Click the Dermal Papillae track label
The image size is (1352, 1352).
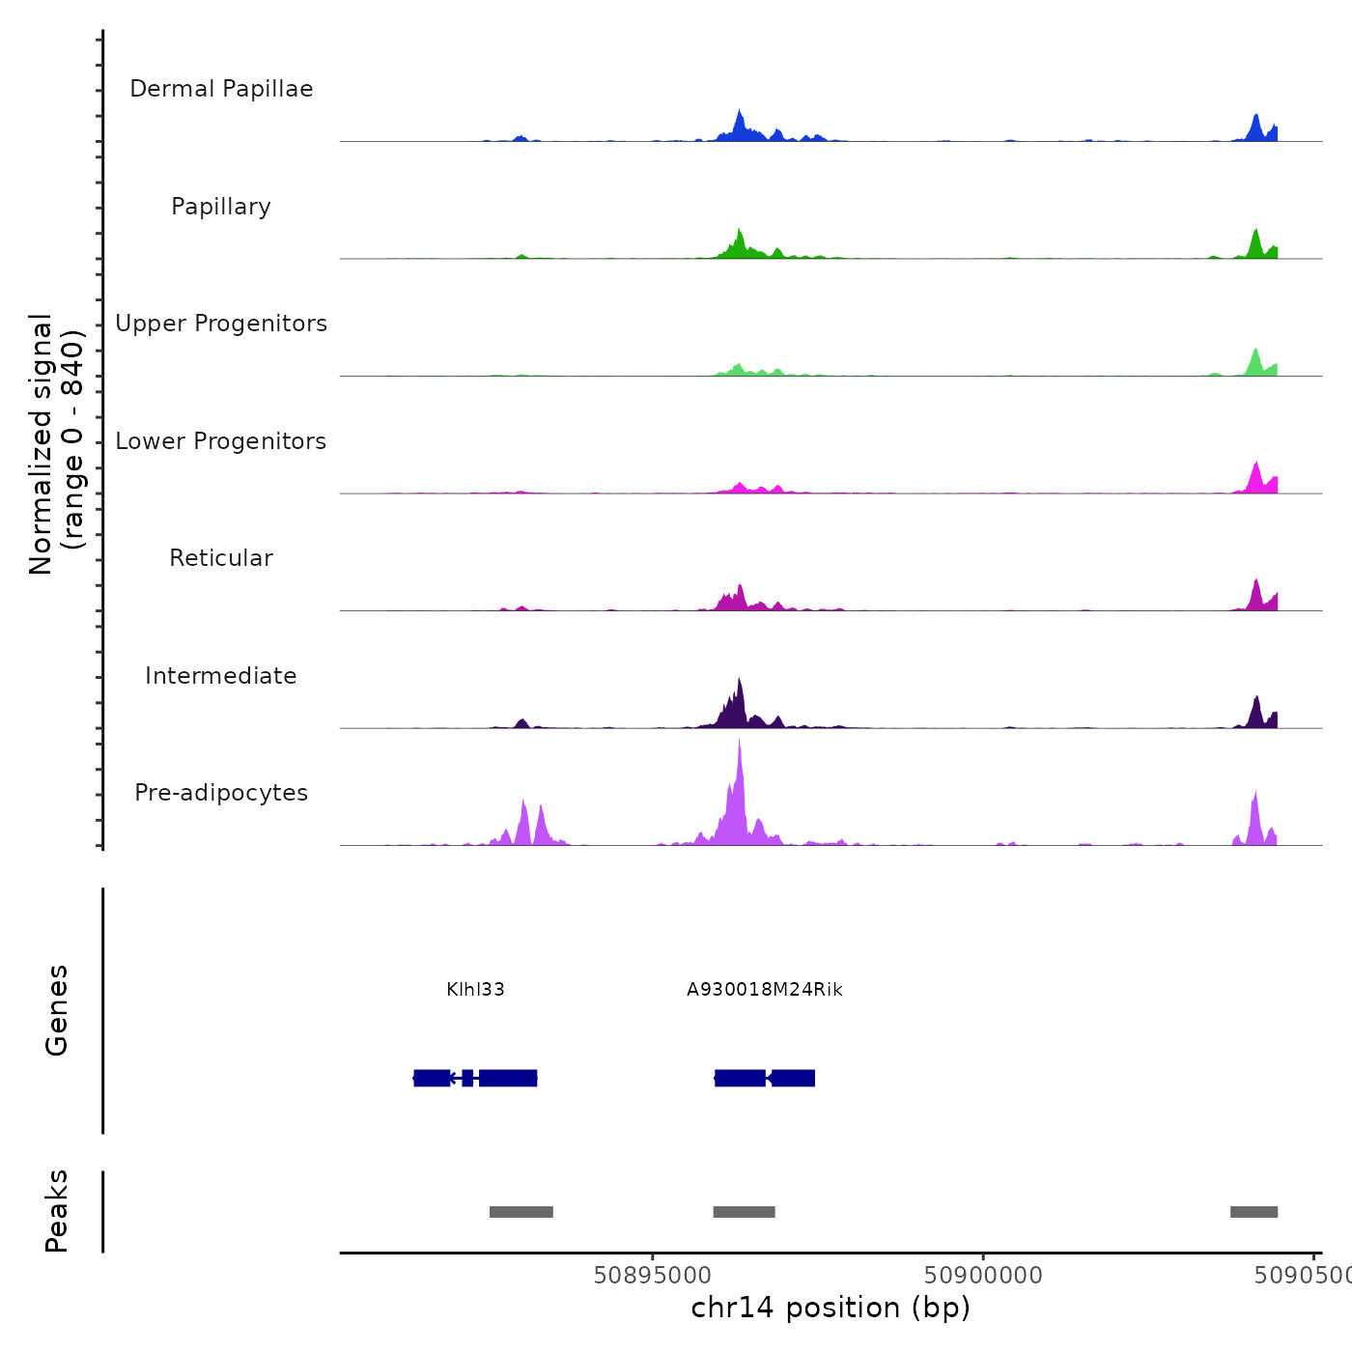221,89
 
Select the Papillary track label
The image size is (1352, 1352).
221,207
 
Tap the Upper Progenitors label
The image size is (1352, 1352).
221,324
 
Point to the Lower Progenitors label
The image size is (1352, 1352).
221,441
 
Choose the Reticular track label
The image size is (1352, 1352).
221,558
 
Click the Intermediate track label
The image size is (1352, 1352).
221,676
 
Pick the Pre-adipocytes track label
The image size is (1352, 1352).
221,793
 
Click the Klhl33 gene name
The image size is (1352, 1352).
475,990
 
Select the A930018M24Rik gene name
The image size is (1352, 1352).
765,990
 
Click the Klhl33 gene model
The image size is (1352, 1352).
475,1078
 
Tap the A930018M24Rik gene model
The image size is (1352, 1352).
765,1078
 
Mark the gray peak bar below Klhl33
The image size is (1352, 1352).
521,1212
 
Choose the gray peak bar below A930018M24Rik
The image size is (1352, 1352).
744,1212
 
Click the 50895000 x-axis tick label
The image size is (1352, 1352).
652,1276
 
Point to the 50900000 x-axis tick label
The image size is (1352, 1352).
983,1276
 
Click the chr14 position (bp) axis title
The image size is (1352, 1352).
831,1308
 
